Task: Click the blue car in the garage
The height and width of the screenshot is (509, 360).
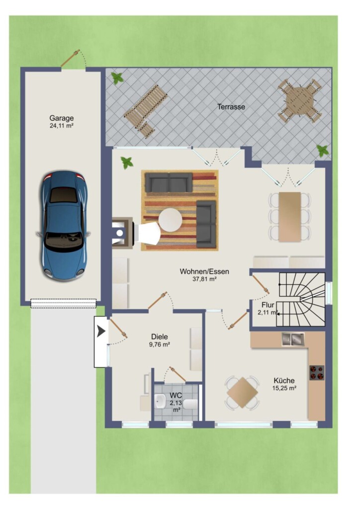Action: pos(63,226)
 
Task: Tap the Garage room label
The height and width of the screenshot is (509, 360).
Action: pos(61,118)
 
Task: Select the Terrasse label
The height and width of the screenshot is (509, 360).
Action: pos(231,106)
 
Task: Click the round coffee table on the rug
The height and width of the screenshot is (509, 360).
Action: pos(170,220)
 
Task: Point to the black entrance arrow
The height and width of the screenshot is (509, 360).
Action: pos(101,332)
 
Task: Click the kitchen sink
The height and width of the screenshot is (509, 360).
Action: pos(293,339)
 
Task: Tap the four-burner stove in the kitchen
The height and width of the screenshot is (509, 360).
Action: pos(317,373)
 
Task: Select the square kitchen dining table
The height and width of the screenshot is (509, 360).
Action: pos(242,393)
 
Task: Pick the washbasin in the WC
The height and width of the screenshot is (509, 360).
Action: pos(160,401)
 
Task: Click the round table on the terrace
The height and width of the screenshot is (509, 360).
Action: pos(299,100)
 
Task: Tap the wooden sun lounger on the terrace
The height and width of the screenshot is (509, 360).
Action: pos(145,111)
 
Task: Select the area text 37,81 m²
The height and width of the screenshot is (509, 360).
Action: pos(204,278)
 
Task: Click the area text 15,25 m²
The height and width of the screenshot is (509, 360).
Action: pos(284,388)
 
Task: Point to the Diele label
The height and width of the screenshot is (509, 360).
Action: pos(160,337)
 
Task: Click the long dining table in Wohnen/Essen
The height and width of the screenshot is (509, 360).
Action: pos(289,217)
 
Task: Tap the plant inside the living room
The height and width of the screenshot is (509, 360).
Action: pos(127,163)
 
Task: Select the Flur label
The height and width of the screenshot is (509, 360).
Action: pos(268,305)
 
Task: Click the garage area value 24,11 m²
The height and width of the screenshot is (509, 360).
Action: pos(61,126)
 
